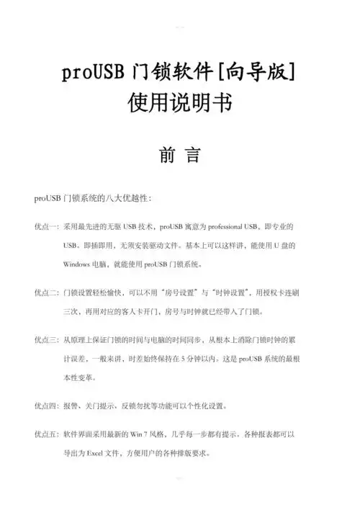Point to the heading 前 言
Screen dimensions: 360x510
[179, 156]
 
